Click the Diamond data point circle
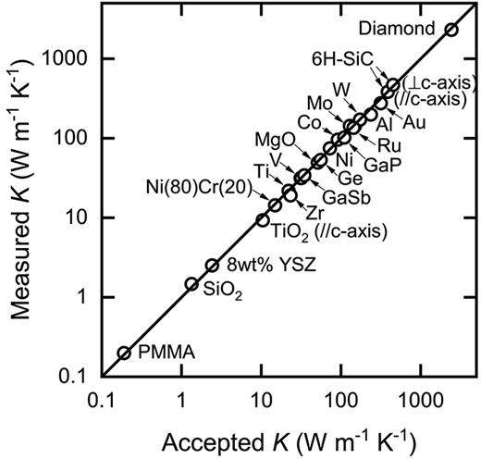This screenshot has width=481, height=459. [x=450, y=30]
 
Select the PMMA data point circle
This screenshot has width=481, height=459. [x=124, y=353]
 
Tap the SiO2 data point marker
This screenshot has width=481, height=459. [x=191, y=284]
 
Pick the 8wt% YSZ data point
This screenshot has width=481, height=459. [x=212, y=265]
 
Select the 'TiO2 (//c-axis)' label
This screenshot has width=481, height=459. [x=323, y=229]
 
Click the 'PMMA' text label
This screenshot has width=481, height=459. [x=160, y=353]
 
